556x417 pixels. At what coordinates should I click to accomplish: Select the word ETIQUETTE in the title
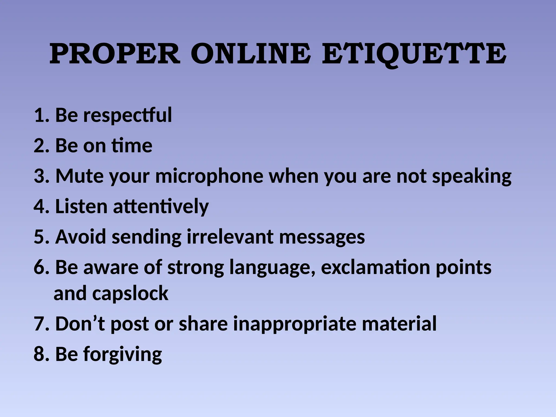(x=414, y=54)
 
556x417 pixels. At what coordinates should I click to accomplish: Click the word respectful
(x=127, y=115)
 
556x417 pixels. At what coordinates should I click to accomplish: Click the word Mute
(x=80, y=176)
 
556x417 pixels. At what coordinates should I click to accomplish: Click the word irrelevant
(x=230, y=237)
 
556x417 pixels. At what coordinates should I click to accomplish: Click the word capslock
(x=130, y=294)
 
